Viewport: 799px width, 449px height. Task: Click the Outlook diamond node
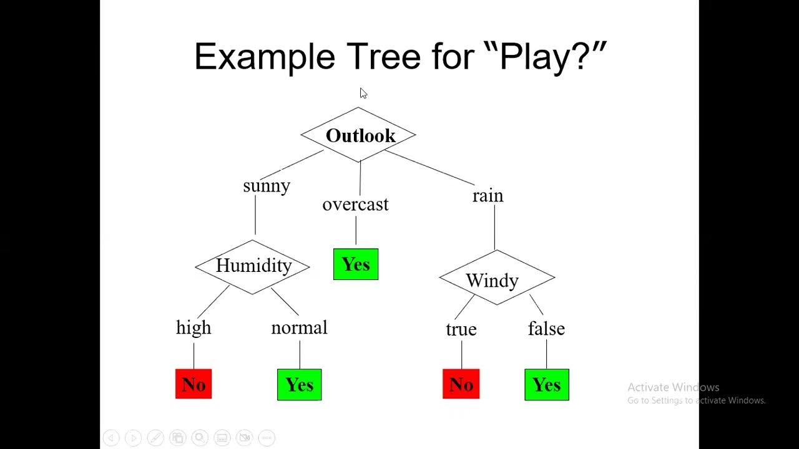(x=359, y=135)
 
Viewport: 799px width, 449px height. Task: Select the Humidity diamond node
(x=253, y=266)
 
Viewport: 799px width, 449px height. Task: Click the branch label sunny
(x=267, y=186)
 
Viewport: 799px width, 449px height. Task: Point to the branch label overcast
(x=355, y=205)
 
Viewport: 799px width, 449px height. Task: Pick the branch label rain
(x=488, y=196)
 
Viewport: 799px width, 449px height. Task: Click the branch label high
(x=194, y=328)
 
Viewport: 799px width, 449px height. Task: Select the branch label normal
(x=299, y=328)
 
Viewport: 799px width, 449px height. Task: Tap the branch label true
(x=461, y=330)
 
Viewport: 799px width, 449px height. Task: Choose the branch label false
(x=546, y=329)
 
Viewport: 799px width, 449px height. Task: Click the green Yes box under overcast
(x=356, y=264)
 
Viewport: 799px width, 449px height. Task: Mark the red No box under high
(x=194, y=384)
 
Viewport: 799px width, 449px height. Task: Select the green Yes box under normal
(x=299, y=384)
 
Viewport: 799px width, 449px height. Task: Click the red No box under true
(x=461, y=384)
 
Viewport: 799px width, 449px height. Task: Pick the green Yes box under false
(x=547, y=384)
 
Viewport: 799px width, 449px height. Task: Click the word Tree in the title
(x=384, y=57)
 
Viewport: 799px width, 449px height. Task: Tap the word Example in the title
(x=265, y=57)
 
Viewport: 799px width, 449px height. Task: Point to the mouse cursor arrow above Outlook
(x=363, y=93)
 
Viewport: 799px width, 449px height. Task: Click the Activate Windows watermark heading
(x=674, y=387)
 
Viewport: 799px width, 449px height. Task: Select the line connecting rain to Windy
(x=495, y=227)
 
